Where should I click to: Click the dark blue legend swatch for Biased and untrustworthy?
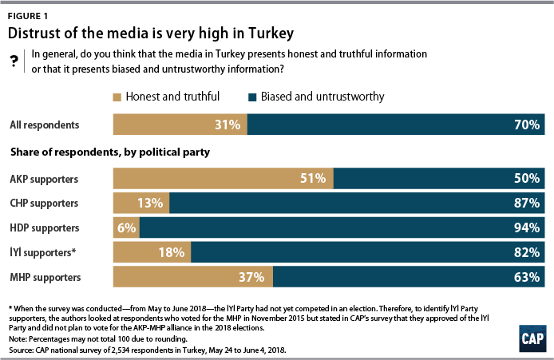coord(253,97)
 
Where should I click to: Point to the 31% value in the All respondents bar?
coord(227,125)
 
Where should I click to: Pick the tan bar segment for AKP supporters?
coord(224,177)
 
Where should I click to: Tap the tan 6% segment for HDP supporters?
coord(126,227)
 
